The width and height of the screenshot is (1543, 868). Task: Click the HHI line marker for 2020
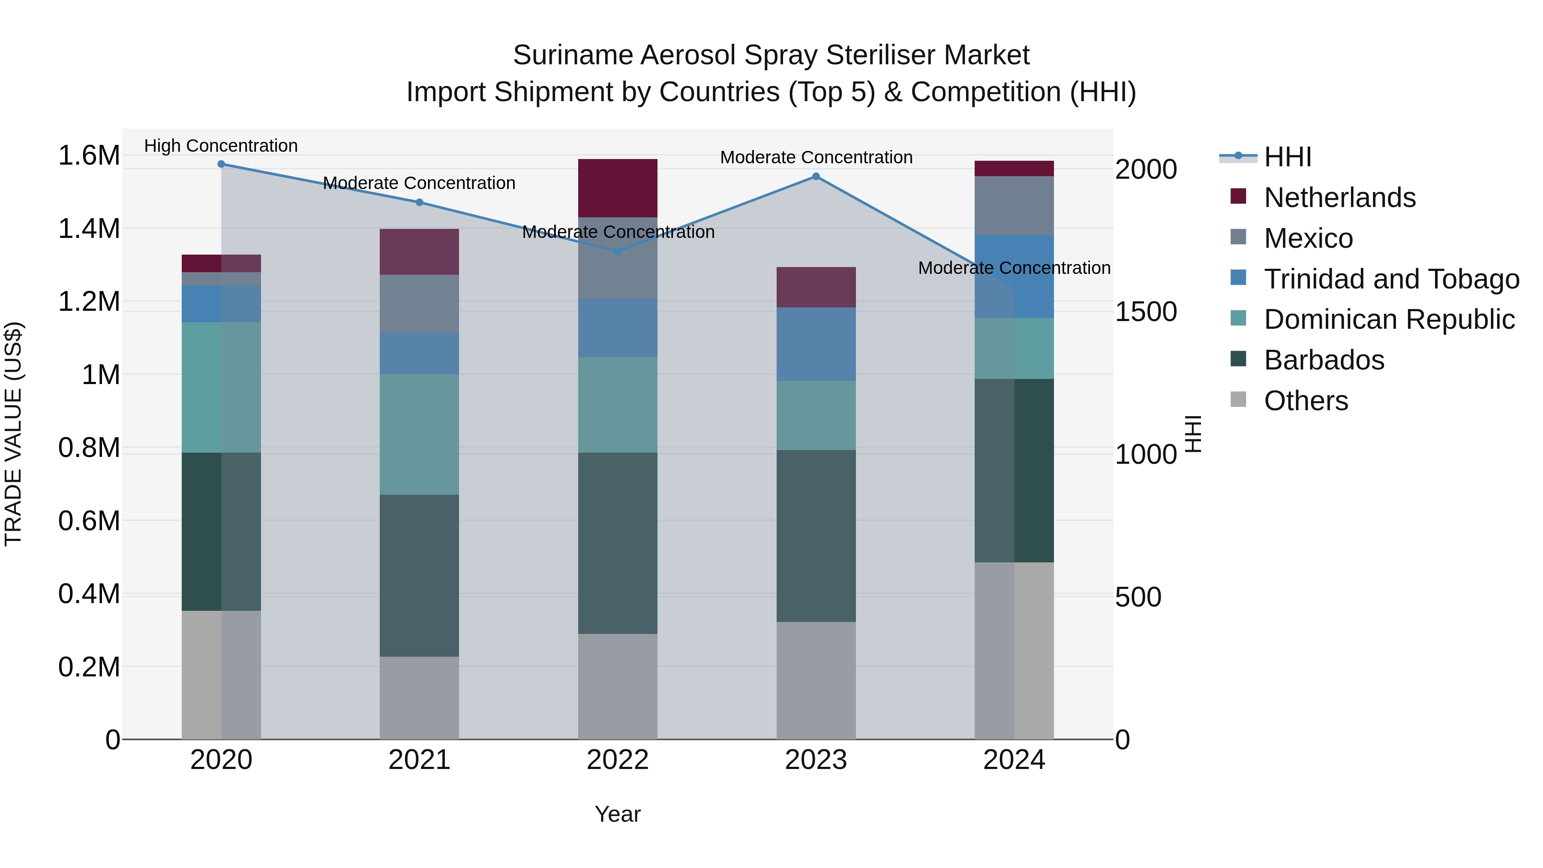221,164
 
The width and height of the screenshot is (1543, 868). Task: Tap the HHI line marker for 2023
816,177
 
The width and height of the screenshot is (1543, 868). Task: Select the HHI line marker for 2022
618,251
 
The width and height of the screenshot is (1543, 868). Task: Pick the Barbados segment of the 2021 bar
419,575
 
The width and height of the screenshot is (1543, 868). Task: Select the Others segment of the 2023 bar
816,680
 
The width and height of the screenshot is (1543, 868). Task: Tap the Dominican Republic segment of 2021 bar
419,434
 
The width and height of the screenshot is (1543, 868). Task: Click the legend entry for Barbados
1324,360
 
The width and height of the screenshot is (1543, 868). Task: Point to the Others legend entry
1306,401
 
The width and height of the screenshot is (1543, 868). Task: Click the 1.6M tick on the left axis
89,156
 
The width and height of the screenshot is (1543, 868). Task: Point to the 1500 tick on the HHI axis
1145,312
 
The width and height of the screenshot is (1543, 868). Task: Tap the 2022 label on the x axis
618,760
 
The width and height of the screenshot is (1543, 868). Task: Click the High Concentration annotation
221,146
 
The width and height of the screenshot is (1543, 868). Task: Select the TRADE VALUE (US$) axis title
14,434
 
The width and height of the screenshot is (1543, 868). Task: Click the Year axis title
618,814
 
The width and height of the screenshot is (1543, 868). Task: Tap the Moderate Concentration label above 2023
816,158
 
